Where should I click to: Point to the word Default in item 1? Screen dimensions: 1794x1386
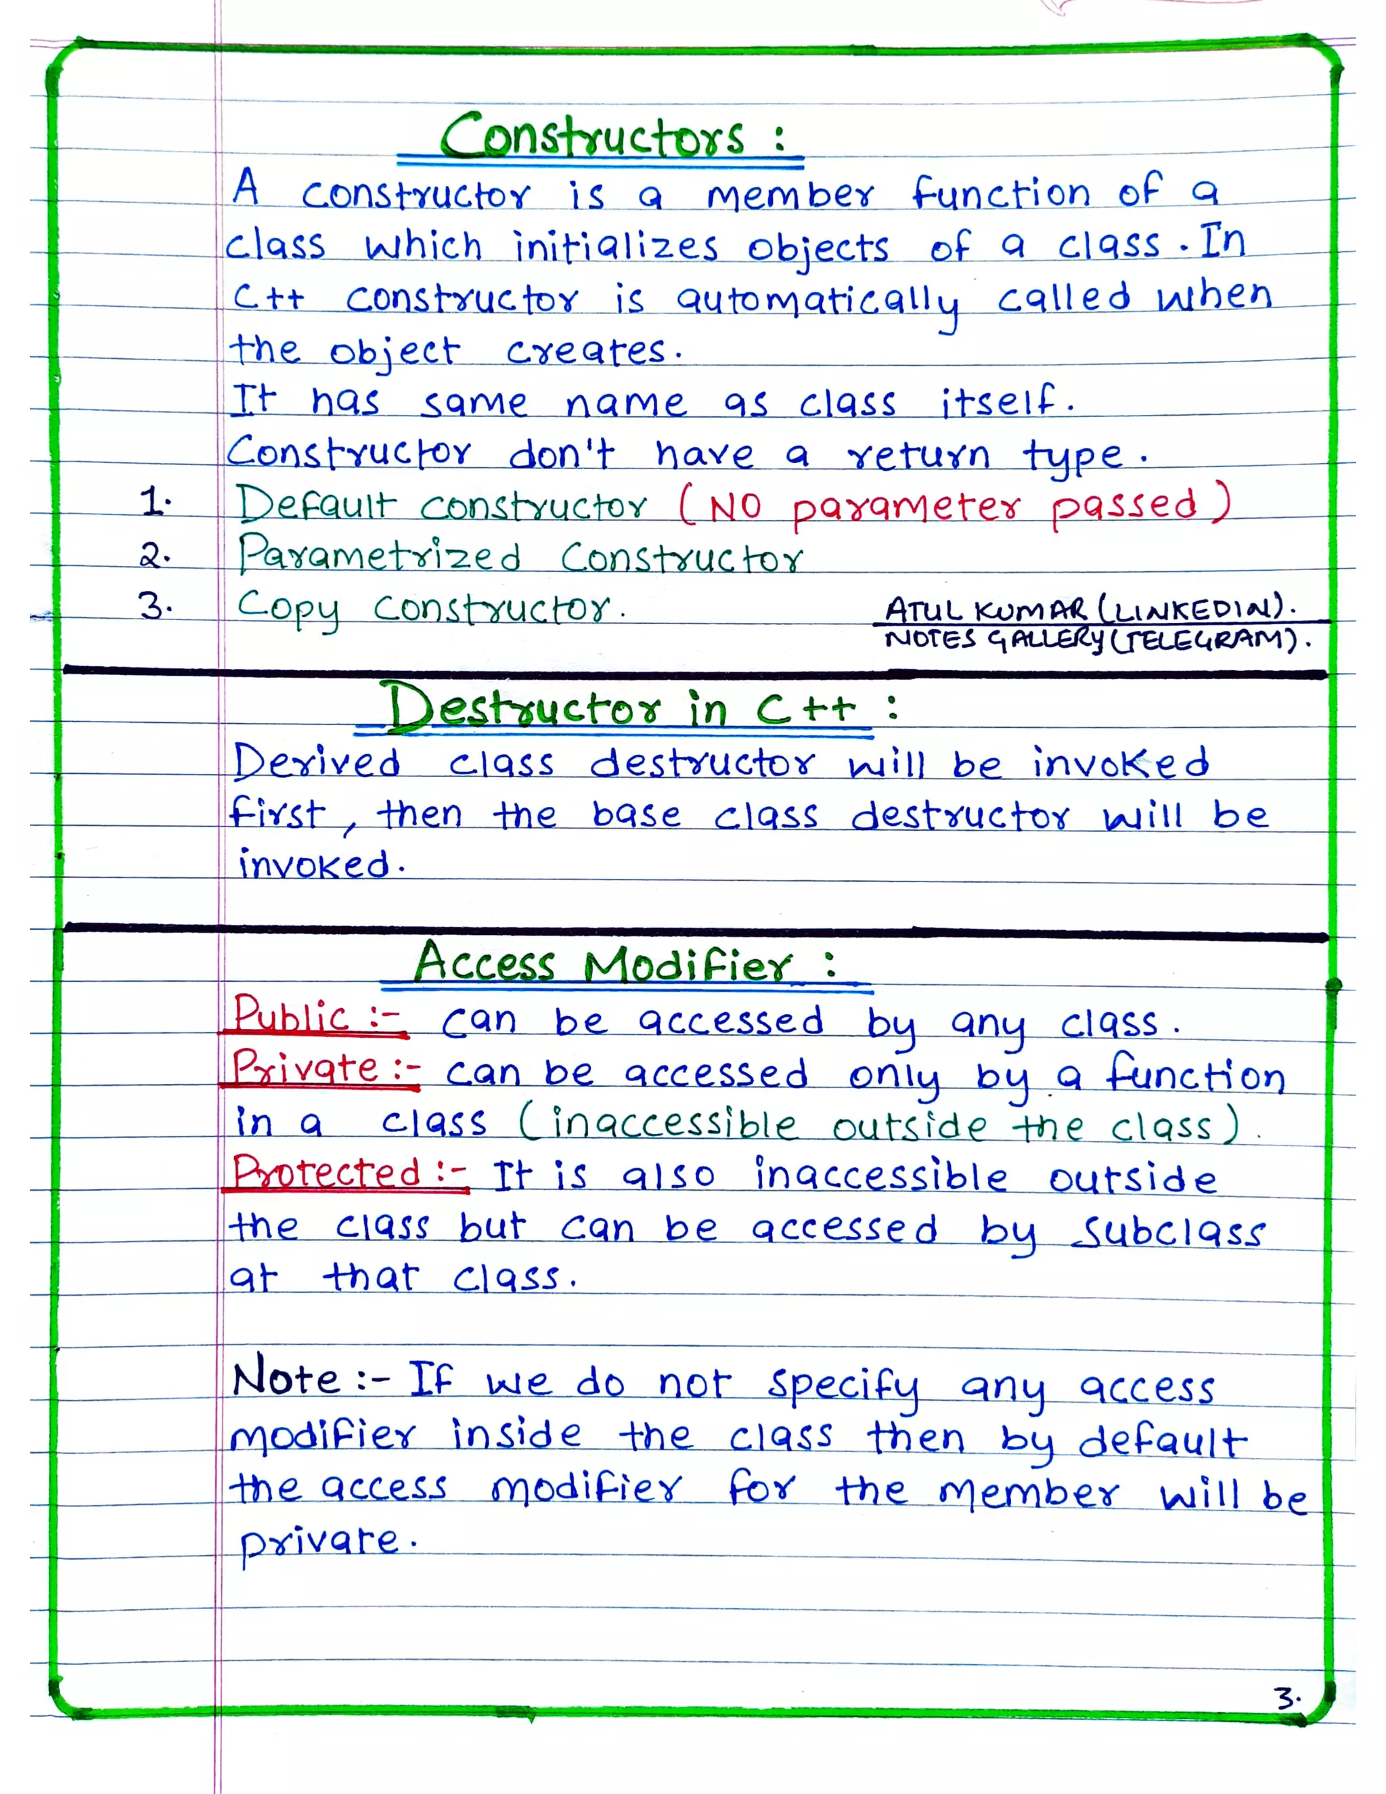317,504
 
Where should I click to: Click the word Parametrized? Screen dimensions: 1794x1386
380,555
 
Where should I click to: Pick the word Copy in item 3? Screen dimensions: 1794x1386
288,609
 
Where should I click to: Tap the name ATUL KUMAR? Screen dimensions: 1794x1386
986,611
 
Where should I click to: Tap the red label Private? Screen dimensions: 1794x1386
305,1069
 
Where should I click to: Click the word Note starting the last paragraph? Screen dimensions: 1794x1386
285,1379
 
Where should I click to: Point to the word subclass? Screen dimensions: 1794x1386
1169,1231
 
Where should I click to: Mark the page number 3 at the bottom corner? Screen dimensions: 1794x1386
1284,1697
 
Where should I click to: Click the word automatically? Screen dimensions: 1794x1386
817,301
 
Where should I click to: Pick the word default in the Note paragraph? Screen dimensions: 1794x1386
1161,1441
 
